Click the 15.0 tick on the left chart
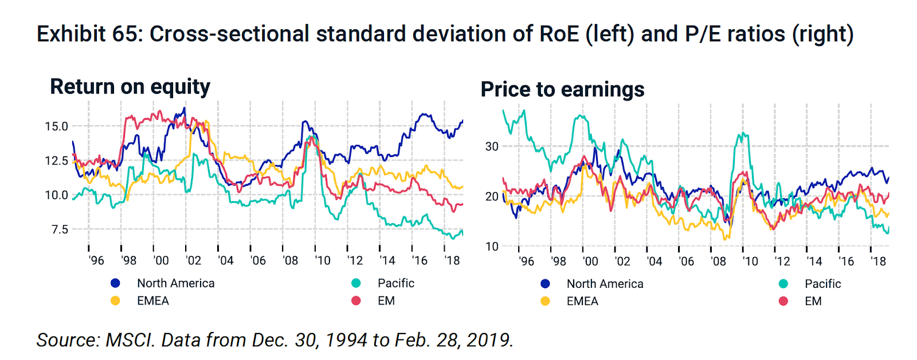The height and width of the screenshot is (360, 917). coord(56,126)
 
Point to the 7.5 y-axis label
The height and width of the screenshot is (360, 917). coord(60,229)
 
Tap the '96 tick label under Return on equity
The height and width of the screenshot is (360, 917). coord(96,261)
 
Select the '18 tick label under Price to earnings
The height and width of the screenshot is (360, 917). coord(878,261)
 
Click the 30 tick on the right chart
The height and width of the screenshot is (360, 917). coord(492,146)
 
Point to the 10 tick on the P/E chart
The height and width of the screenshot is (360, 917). coord(492,246)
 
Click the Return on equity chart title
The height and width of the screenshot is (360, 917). coord(130,87)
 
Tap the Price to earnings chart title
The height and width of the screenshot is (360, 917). coord(562,89)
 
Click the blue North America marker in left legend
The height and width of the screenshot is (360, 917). coord(115,283)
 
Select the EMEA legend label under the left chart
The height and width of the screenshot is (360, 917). coord(152,301)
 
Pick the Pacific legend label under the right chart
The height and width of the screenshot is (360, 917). coord(822,284)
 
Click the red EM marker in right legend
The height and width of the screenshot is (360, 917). coord(783,301)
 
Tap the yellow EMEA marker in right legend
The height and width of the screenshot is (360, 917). coord(545,301)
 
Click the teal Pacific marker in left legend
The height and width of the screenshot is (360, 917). coord(356,283)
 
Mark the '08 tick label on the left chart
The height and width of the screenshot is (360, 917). coord(291,261)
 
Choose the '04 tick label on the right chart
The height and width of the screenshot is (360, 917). coord(654,261)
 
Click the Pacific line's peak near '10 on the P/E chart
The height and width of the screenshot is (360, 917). coord(742,134)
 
